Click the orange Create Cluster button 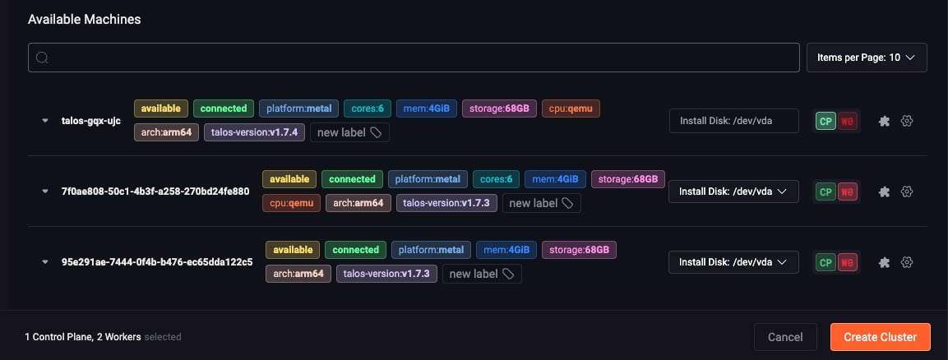(880, 337)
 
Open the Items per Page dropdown (867, 58)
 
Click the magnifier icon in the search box (42, 58)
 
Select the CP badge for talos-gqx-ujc (825, 121)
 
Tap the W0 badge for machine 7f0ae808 (848, 192)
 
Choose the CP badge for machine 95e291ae (825, 262)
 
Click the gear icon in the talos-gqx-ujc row (906, 121)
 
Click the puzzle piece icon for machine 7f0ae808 (884, 192)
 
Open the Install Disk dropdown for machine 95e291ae (733, 262)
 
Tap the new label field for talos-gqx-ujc (349, 132)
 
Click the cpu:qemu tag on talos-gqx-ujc (571, 108)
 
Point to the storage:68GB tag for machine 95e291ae (579, 250)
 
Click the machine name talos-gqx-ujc (91, 121)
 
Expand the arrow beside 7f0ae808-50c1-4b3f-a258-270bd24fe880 (44, 192)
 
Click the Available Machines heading (85, 20)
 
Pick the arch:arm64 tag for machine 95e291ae (298, 274)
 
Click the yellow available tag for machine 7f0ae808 (289, 179)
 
